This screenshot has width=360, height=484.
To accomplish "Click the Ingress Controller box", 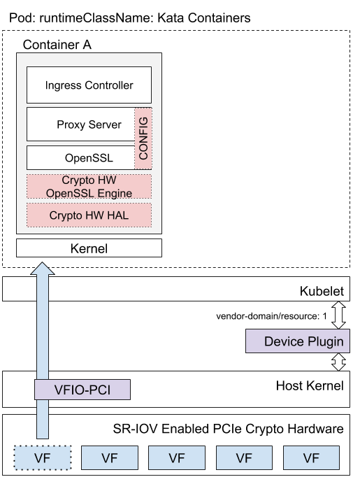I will pos(89,85).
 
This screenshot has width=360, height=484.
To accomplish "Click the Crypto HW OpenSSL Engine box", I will pos(89,187).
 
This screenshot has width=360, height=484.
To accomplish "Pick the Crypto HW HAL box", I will pos(89,215).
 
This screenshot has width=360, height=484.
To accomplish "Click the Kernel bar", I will pos(89,248).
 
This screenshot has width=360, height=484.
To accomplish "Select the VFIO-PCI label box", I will pos(82,390).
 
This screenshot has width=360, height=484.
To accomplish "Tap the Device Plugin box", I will pos(298,341).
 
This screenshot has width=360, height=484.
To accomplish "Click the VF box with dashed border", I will pos(43,458).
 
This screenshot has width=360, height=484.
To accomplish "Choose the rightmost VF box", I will pos(311,458).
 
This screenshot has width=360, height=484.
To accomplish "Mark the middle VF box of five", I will pos(177,458).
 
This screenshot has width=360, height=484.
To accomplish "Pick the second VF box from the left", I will pos(110,458).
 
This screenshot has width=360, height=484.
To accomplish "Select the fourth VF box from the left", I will pos(244,458).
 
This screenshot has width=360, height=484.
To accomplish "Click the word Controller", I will pos(108,85).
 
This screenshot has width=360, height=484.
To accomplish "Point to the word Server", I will pos(105,124).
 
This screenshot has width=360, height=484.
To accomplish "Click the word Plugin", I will pos(325,341).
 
